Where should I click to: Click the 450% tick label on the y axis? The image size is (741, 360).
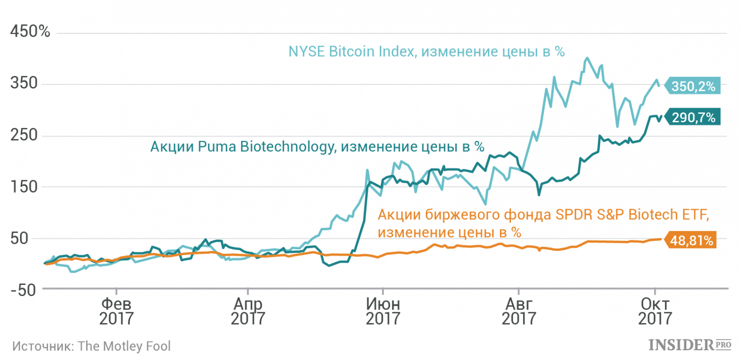[30, 32]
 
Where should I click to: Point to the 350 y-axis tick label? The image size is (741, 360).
[24, 83]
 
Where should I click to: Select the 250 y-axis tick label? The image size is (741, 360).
[24, 135]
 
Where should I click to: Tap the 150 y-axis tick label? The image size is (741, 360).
[24, 187]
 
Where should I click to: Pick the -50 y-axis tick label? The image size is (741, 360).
[23, 291]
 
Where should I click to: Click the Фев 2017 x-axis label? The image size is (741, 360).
[116, 311]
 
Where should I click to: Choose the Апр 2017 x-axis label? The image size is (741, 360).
[248, 311]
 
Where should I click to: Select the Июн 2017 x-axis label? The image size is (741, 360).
[383, 311]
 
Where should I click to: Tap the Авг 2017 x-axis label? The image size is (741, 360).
[519, 311]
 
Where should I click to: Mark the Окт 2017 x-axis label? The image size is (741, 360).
[655, 311]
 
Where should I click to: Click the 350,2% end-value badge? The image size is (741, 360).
[693, 86]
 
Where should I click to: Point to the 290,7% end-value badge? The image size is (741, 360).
[693, 117]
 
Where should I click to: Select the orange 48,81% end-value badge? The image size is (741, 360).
[691, 240]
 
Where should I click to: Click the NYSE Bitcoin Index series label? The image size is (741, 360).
[426, 51]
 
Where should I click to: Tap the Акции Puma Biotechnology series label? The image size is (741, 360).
[317, 147]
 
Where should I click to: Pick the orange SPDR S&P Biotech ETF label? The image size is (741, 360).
[543, 223]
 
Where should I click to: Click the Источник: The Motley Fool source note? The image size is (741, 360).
[91, 347]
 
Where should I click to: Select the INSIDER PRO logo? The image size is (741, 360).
[690, 345]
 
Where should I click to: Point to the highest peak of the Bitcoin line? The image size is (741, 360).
[587, 58]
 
